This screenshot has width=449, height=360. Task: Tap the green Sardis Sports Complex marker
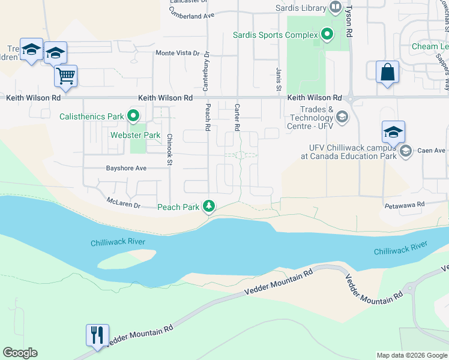click(327, 35)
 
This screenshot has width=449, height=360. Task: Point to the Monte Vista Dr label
click(177, 53)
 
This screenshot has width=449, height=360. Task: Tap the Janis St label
click(279, 79)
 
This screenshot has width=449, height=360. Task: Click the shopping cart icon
click(65, 76)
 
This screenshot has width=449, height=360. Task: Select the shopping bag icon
click(387, 72)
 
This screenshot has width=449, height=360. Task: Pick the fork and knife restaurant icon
click(97, 334)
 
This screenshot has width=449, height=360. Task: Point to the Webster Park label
click(135, 135)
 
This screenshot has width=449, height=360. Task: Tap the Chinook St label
click(170, 149)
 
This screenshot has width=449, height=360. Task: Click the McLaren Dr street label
click(123, 203)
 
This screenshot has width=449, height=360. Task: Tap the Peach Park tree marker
click(209, 206)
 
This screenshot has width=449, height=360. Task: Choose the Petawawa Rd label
click(405, 205)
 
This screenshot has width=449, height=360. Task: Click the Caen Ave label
click(432, 150)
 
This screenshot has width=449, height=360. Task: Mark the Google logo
click(20, 353)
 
